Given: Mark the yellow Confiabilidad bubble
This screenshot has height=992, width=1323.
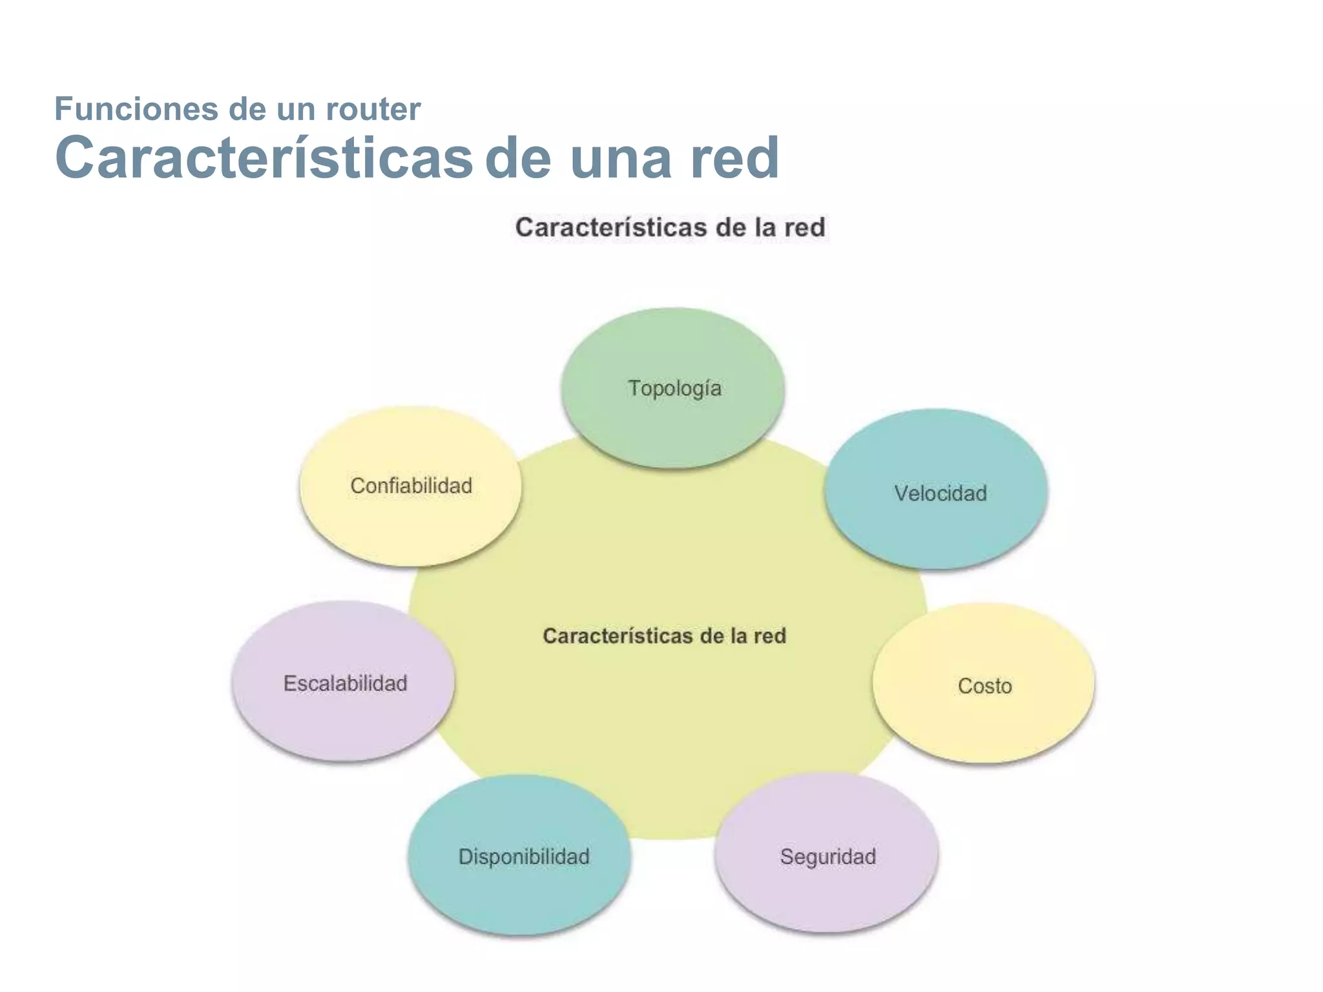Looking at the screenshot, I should click(410, 517).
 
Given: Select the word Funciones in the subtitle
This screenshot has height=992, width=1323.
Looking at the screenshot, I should click(136, 108).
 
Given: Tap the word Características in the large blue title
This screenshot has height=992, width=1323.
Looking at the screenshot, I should click(264, 158).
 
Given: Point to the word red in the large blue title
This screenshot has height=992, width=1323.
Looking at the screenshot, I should click(734, 158).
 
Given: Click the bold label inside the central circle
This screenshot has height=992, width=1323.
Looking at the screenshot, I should click(664, 635).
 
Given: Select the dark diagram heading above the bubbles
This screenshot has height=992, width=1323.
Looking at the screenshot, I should click(670, 227).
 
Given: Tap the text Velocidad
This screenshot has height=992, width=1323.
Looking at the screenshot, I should click(940, 493).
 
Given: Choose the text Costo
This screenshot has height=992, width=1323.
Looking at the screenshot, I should click(984, 686).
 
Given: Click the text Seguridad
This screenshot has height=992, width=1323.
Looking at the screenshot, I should click(828, 857).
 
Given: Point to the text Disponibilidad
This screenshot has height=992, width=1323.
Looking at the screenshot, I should click(524, 856).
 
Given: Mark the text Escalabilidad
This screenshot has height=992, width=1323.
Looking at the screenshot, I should click(345, 683).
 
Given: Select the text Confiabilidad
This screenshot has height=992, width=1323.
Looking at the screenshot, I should click(411, 486).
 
